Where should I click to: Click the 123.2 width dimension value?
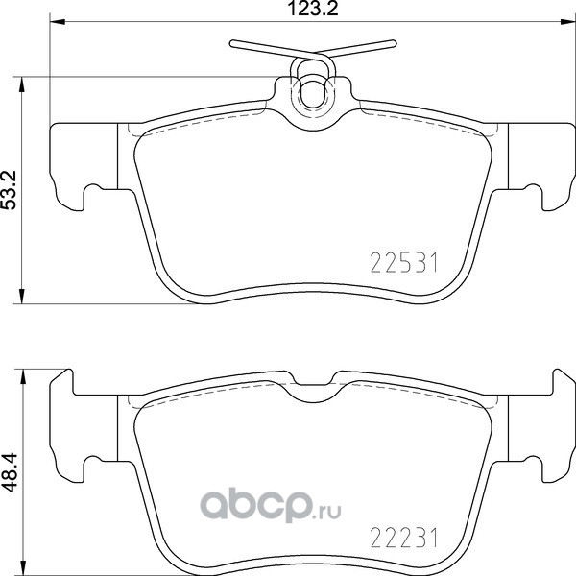[x=313, y=9]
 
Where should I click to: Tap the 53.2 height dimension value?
[x=10, y=190]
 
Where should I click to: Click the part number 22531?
[x=404, y=263]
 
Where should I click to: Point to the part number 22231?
[x=404, y=538]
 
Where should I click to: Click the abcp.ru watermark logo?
[x=271, y=507]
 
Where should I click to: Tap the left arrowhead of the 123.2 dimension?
[x=58, y=22]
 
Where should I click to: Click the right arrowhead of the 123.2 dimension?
[x=567, y=22]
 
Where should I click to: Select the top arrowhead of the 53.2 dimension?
[x=22, y=84]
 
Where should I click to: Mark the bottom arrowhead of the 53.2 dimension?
[x=22, y=296]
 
